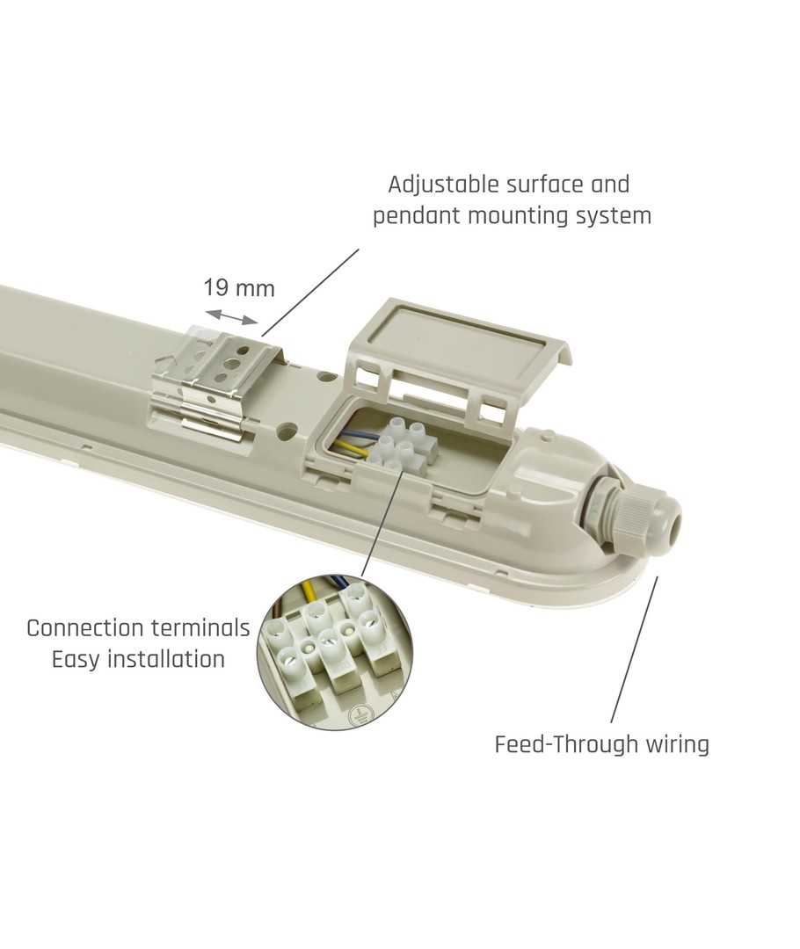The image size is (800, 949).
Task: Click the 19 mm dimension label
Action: pos(238,288)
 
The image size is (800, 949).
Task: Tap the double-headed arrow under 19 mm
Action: pos(232,316)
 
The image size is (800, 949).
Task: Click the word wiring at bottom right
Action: pos(676,745)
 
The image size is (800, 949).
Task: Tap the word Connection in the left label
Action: pos(84,628)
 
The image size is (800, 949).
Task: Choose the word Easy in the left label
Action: pos(76,660)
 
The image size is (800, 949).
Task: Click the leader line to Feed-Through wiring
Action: pos(634,649)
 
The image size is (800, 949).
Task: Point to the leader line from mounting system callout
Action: pos(310,293)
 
